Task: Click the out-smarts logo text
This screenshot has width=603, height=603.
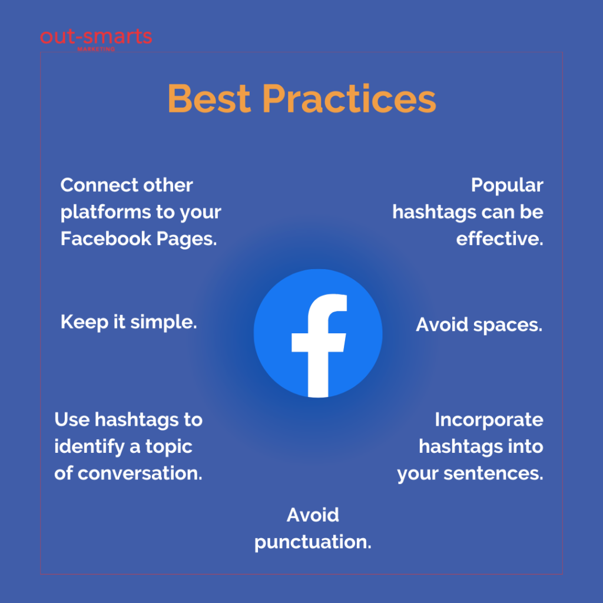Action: (96, 37)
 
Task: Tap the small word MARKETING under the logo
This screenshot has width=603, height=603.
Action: (96, 49)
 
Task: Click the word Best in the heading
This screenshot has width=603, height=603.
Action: (209, 98)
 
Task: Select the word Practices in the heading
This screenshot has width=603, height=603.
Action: (349, 98)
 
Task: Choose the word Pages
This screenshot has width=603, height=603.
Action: (187, 239)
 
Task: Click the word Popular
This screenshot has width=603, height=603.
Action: (507, 185)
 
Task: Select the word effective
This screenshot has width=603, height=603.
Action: (499, 239)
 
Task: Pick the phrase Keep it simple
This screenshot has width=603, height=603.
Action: (129, 322)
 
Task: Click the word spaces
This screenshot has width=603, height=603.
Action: (508, 325)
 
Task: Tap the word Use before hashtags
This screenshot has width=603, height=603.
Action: (72, 419)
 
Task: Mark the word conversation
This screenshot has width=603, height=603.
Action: (140, 473)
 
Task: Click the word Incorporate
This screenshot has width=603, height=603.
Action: (489, 419)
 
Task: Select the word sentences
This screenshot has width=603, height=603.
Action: (493, 473)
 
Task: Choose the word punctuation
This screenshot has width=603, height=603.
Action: (313, 542)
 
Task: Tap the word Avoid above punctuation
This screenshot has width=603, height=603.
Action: (313, 515)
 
